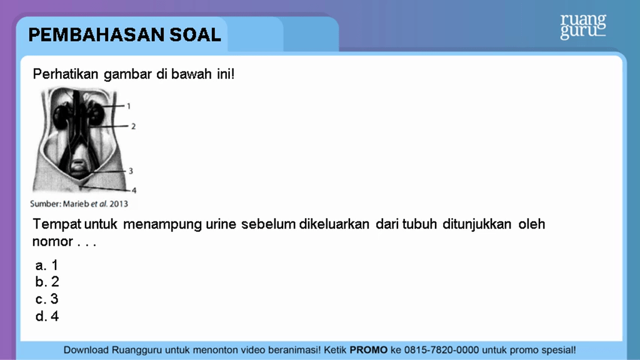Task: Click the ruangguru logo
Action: point(583,26)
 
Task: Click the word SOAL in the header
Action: point(196,35)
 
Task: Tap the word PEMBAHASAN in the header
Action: point(96,35)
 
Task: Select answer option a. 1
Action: point(46,265)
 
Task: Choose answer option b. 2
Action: point(47,282)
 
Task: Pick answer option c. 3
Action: point(46,299)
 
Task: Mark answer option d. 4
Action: point(47,316)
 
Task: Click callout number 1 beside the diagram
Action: point(129,106)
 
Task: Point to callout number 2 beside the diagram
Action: point(133,126)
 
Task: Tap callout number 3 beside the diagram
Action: point(131,171)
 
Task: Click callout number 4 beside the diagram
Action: point(134,190)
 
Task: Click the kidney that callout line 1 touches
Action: point(96,113)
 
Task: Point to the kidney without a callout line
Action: point(61,116)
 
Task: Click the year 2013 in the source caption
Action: point(118,204)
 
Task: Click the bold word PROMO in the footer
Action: point(369,350)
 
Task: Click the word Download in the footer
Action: point(86,350)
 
